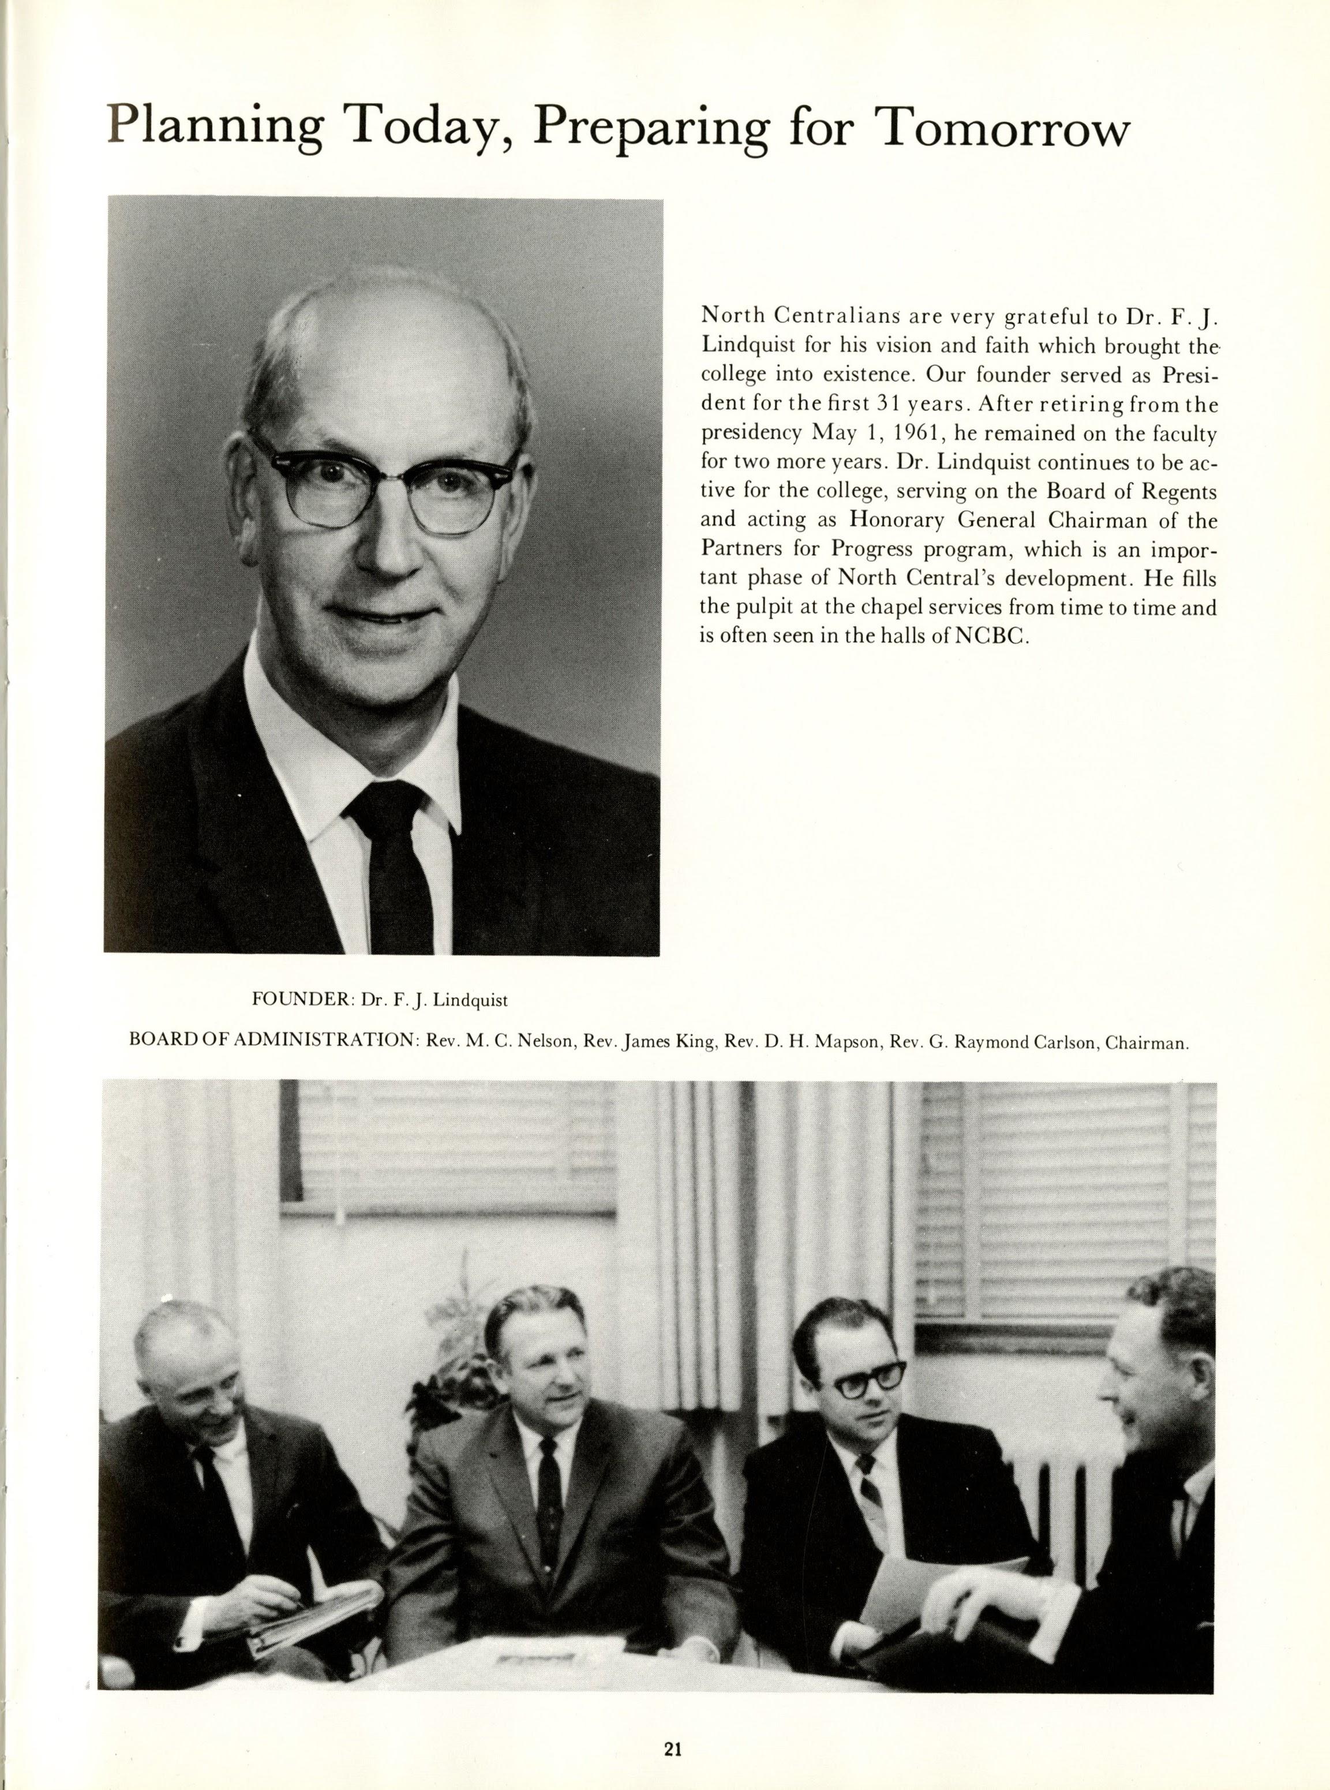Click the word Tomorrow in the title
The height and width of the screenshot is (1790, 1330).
(x=1002, y=126)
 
